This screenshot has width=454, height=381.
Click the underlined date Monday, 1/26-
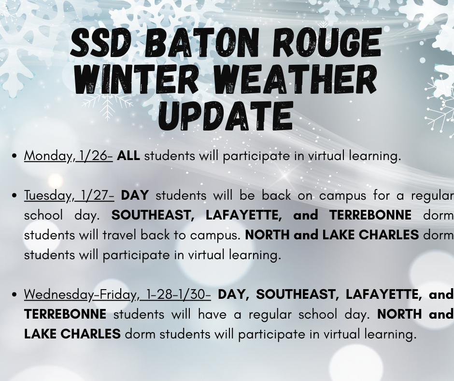pyautogui.click(x=69, y=156)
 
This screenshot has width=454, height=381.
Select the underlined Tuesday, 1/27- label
pyautogui.click(x=69, y=196)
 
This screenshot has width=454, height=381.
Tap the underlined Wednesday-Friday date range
pyautogui.click(x=117, y=294)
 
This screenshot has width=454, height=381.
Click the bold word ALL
pyautogui.click(x=128, y=156)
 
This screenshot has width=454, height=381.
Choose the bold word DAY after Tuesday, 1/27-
pyautogui.click(x=135, y=196)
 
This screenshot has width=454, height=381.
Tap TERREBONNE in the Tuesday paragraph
pyautogui.click(x=370, y=216)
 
